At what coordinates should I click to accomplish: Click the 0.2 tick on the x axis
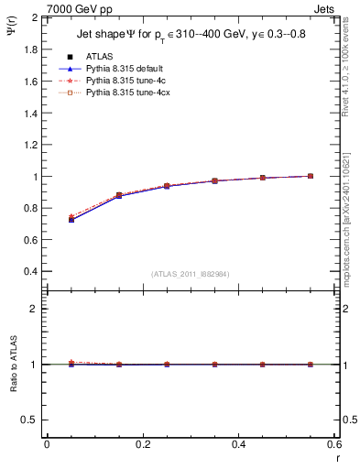(142, 446)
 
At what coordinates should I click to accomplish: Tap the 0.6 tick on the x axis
(333, 446)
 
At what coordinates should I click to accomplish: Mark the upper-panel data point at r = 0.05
(71, 219)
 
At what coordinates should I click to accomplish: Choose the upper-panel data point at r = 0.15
(118, 195)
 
